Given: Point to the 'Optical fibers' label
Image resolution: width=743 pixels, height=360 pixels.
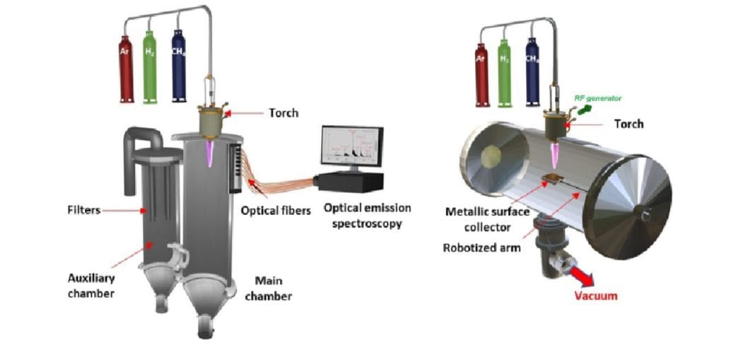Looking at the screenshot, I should coord(276,210).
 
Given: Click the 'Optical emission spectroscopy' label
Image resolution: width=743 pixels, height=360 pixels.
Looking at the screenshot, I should coord(362,216).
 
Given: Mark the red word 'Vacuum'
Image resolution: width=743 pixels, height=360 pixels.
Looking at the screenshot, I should coord(595,296).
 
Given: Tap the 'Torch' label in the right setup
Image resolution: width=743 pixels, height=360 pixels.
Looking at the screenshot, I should coord(628,124).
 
